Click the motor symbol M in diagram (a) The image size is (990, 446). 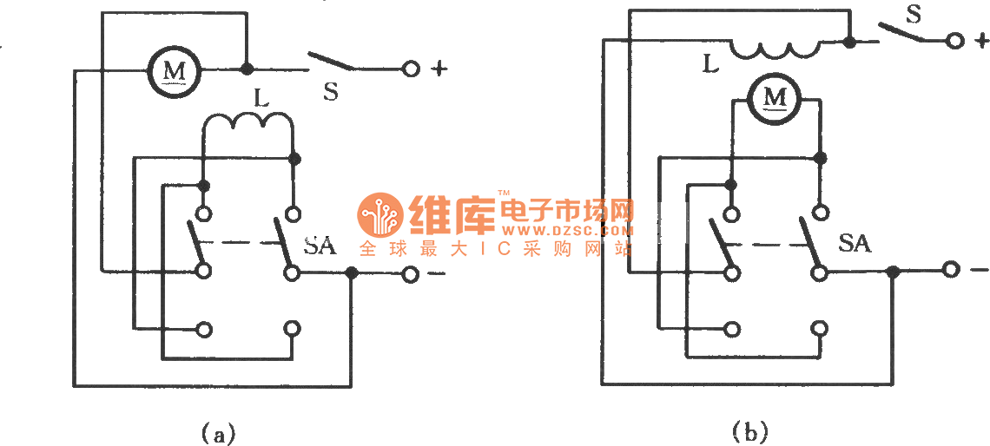pos(175,68)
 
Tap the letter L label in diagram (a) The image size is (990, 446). pos(261,98)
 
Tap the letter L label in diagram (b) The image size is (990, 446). pos(710,62)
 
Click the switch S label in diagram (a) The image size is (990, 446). pos(330,91)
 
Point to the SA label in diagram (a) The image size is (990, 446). pos(320,246)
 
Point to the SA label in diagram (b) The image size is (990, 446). pos(855,244)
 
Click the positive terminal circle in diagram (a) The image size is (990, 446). pos(407,69)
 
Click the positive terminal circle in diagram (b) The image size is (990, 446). pos(955,40)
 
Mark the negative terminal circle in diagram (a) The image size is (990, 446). pos(409,274)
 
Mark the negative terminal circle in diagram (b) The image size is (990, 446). pos(951,271)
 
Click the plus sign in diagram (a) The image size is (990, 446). pos(439,69)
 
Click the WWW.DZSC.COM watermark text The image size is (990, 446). pos(566,232)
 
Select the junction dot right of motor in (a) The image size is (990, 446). pos(247,69)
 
